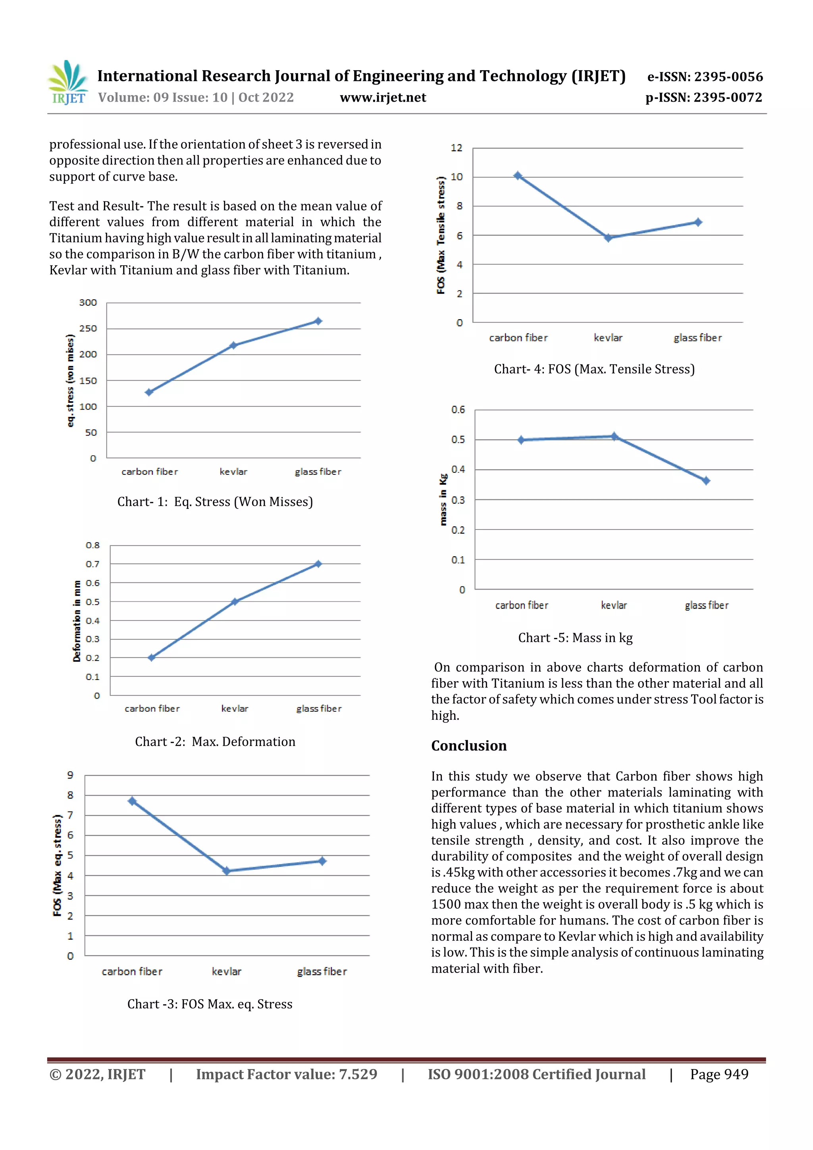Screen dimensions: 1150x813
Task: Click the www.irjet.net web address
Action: (383, 98)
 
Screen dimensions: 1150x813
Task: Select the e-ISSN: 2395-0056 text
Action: (705, 77)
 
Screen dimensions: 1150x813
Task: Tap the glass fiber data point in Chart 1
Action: (318, 321)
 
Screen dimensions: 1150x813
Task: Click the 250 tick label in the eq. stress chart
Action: (88, 329)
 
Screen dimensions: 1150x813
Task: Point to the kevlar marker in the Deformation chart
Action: (235, 601)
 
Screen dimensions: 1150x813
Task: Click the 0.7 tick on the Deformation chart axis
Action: (92, 564)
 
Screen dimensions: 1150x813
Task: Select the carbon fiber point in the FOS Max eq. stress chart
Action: (132, 801)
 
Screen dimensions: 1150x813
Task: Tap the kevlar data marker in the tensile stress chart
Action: (608, 238)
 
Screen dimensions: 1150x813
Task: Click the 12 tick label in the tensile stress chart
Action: (457, 148)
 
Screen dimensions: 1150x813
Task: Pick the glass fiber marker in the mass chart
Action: (706, 481)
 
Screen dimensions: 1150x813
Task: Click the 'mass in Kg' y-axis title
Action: (443, 499)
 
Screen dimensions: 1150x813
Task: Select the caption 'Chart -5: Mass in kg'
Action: (575, 638)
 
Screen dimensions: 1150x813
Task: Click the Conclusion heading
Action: (469, 746)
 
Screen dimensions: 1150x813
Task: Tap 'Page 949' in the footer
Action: (719, 1074)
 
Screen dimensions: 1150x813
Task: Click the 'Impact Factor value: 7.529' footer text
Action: (287, 1074)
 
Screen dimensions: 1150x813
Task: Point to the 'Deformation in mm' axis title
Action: (77, 621)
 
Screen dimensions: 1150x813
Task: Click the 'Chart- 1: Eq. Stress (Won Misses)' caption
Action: (215, 502)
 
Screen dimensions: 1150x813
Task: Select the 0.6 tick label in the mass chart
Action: (458, 410)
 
